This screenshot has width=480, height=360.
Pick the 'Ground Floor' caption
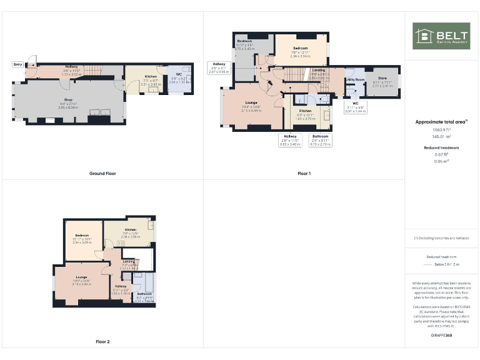coord(102,173)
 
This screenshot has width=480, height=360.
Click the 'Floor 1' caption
coord(304,173)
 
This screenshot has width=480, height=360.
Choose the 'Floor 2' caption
coord(102,342)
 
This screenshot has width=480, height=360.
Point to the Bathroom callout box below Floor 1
coord(321,139)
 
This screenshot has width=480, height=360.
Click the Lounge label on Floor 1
coord(251,103)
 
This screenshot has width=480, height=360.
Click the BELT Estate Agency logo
coord(441,36)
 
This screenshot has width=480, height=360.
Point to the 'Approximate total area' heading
coord(441,122)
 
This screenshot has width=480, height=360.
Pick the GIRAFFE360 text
coord(441,336)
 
